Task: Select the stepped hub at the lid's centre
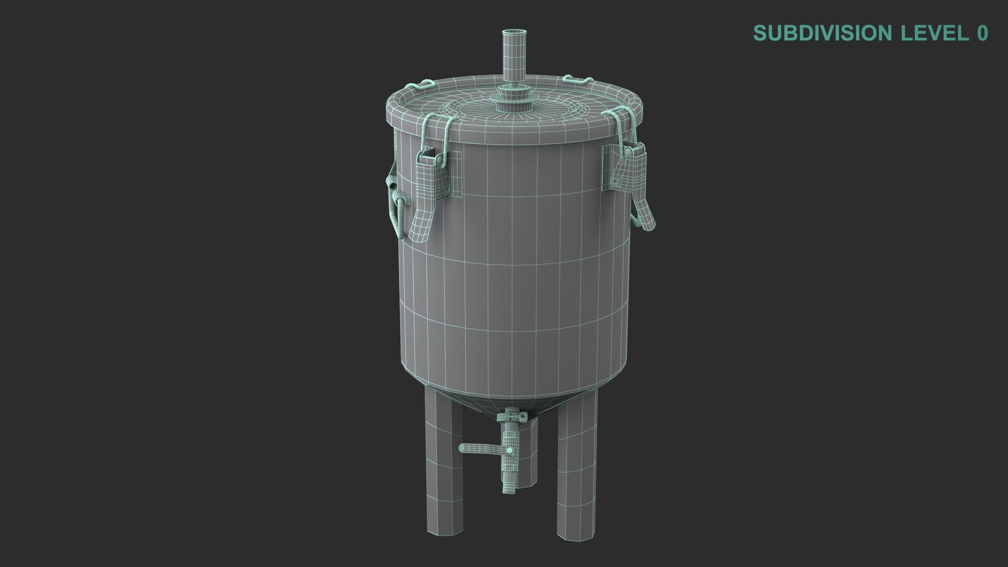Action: pyautogui.click(x=512, y=101)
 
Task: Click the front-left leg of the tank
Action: pyautogui.click(x=442, y=462)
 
